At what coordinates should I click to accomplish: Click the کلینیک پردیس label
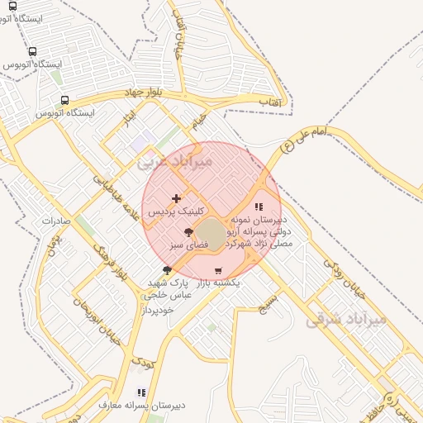tap(177, 211)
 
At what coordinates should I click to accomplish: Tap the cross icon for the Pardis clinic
tap(176, 198)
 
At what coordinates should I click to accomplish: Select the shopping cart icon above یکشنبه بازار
tap(217, 270)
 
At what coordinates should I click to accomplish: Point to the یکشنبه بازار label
tap(217, 283)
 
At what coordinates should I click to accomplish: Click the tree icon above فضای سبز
tap(188, 232)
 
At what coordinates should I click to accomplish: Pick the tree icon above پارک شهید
tap(168, 270)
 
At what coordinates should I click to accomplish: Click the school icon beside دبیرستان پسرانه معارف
tap(141, 392)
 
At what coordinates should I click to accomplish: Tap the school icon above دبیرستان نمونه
tap(259, 207)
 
